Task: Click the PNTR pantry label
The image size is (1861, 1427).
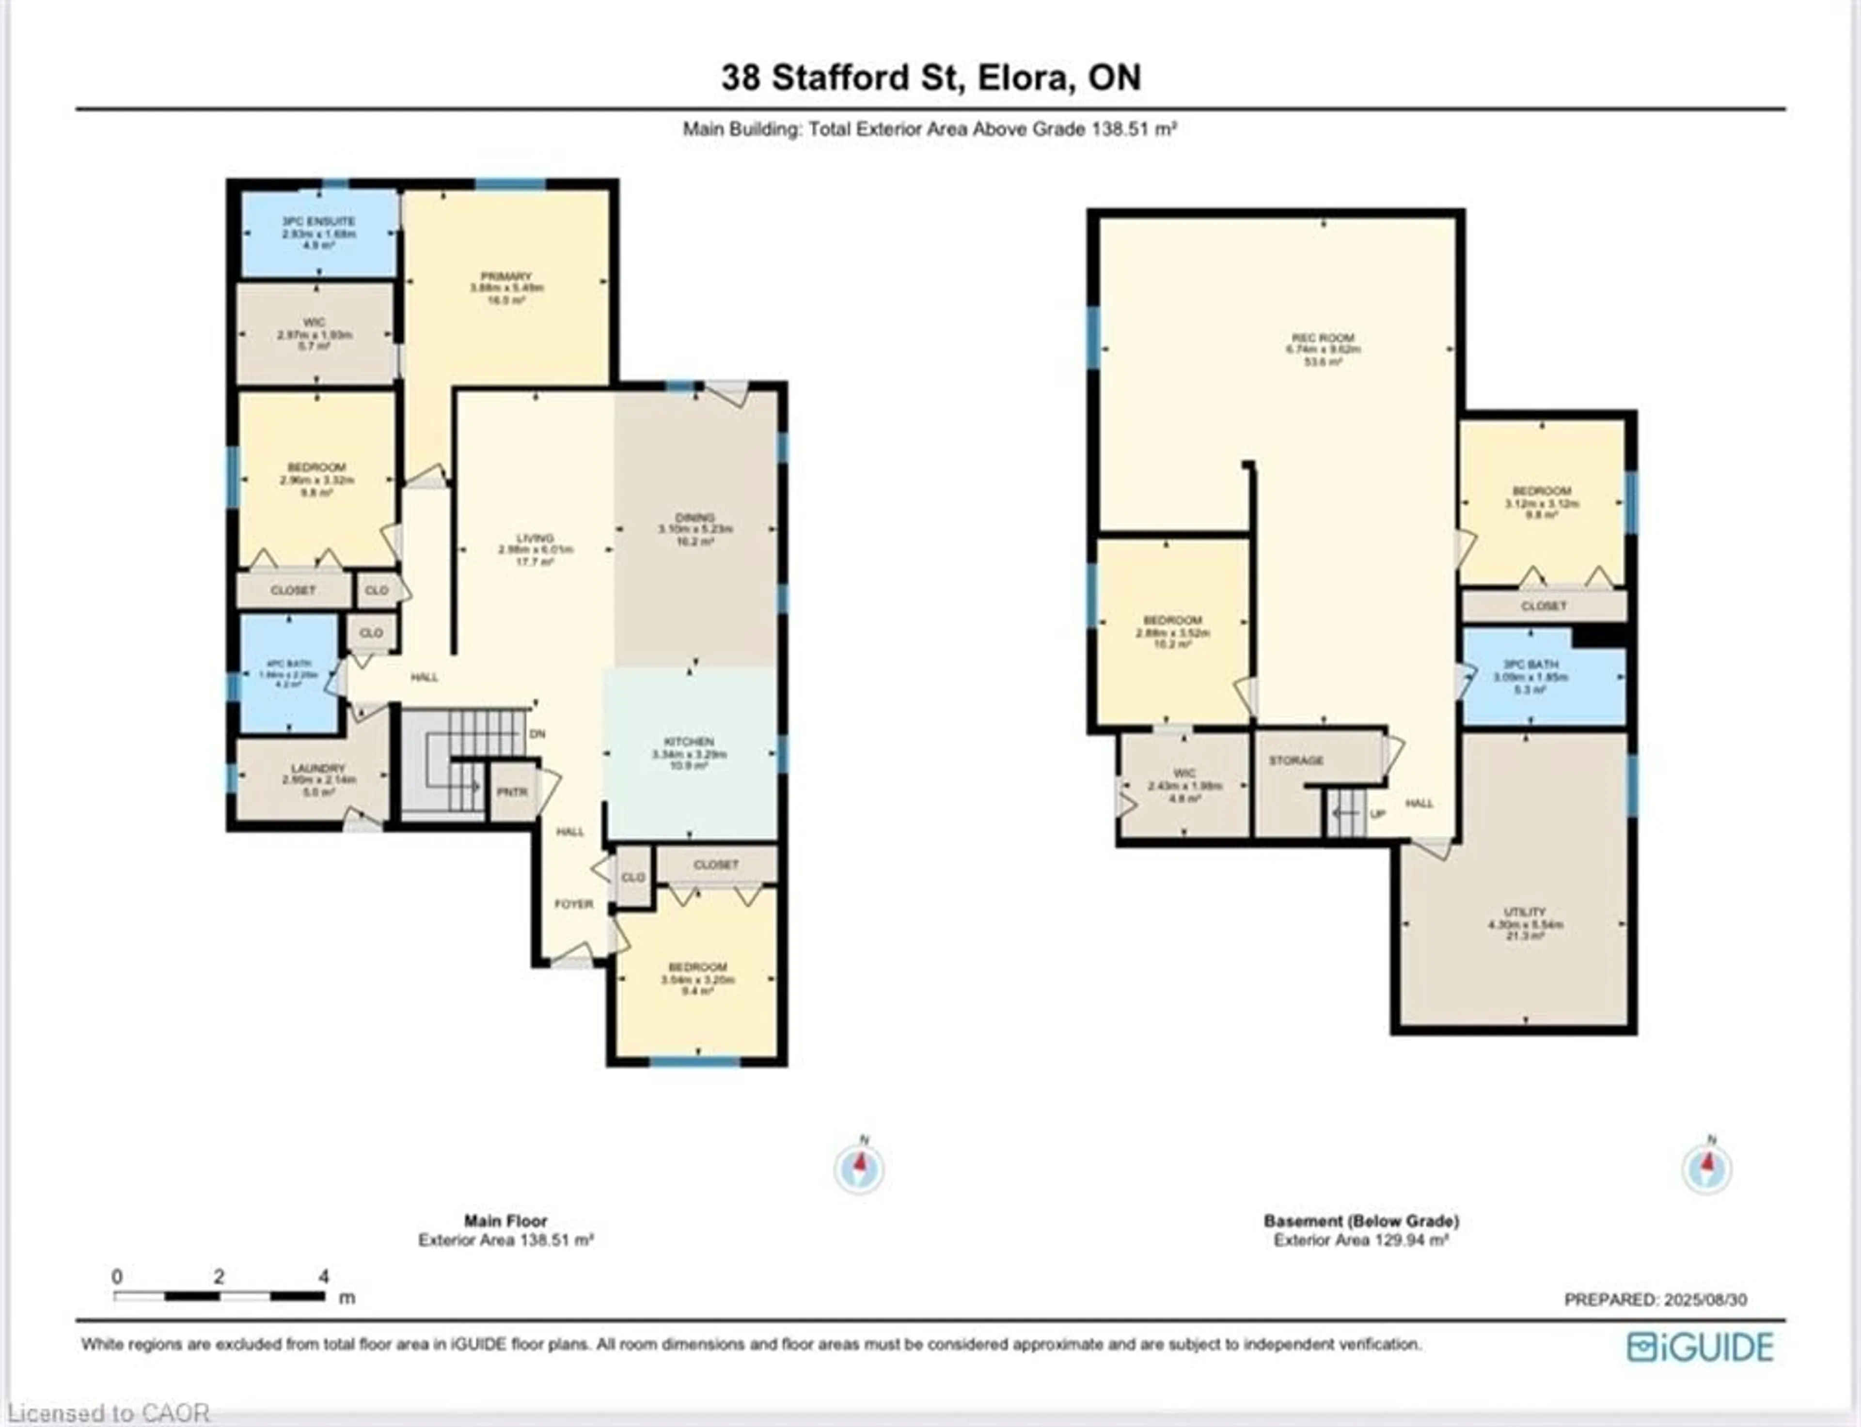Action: [x=512, y=791]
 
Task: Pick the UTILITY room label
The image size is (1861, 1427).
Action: [x=1525, y=912]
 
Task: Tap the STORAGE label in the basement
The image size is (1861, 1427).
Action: [x=1296, y=760]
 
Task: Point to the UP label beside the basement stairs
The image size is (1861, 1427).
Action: [x=1377, y=814]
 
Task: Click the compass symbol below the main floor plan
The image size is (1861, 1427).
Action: [x=859, y=1169]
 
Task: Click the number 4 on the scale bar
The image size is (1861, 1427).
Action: [x=324, y=1277]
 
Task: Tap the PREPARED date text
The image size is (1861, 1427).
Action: [x=1656, y=1300]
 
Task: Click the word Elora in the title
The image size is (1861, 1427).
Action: [x=1022, y=78]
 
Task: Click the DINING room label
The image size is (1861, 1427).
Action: [x=694, y=517]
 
